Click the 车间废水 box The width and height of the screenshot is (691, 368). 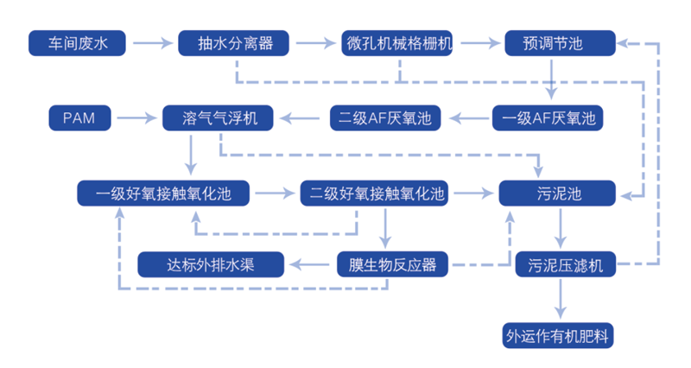77,43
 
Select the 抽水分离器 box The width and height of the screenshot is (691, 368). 233,43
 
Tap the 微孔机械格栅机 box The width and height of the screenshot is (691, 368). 397,43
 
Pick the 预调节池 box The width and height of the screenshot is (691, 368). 560,43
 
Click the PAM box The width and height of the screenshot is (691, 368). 79,117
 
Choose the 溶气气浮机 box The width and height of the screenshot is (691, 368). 218,117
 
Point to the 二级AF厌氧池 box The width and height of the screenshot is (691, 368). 385,117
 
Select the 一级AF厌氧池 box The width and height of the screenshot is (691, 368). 548,117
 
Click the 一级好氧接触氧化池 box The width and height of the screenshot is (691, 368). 163,193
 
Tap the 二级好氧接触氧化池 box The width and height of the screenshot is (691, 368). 374,193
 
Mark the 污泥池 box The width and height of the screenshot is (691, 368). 557,193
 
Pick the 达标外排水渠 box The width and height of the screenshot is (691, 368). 211,264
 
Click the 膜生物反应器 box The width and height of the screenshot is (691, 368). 392,264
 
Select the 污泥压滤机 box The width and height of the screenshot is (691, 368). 566,264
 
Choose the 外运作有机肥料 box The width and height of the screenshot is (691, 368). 558,336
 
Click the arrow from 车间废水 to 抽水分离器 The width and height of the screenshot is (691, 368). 153,43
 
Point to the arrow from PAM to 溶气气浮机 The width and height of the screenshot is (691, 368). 137,118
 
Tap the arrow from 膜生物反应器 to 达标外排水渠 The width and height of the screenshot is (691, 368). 309,265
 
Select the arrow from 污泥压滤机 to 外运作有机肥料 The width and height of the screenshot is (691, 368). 560,299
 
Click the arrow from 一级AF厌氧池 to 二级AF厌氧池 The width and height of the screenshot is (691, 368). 469,118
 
